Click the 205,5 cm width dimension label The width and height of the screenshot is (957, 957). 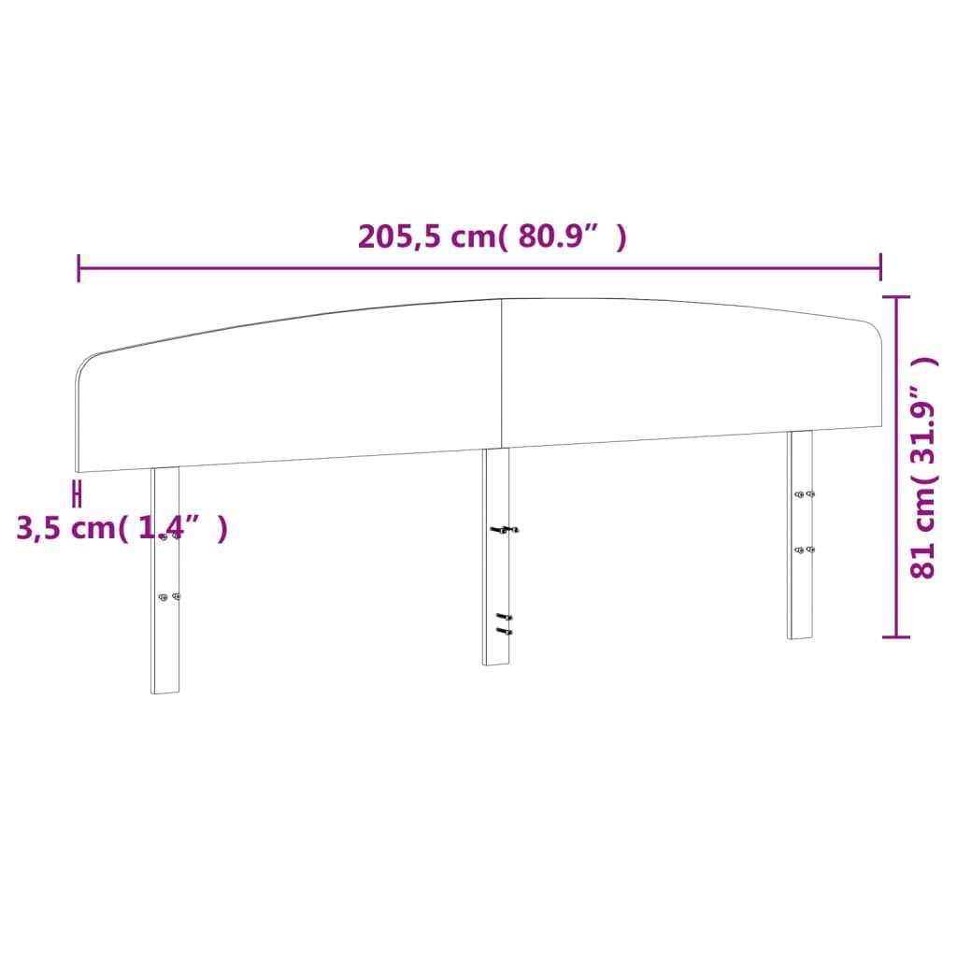[x=493, y=237]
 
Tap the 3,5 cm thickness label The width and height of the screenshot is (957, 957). [x=121, y=528]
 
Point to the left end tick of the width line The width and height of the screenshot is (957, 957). [x=79, y=268]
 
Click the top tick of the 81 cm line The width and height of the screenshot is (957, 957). [x=896, y=297]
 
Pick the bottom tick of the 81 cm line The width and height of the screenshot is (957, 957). [x=896, y=636]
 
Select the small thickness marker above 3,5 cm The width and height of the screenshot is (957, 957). [x=79, y=493]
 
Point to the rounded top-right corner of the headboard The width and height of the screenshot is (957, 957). [x=875, y=327]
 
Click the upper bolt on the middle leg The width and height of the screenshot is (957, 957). [x=505, y=530]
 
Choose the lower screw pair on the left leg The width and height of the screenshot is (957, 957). [x=169, y=597]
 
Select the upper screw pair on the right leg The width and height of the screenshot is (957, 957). [x=804, y=494]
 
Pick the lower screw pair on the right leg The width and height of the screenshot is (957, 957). [x=804, y=550]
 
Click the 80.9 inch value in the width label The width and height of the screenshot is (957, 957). [x=557, y=237]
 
